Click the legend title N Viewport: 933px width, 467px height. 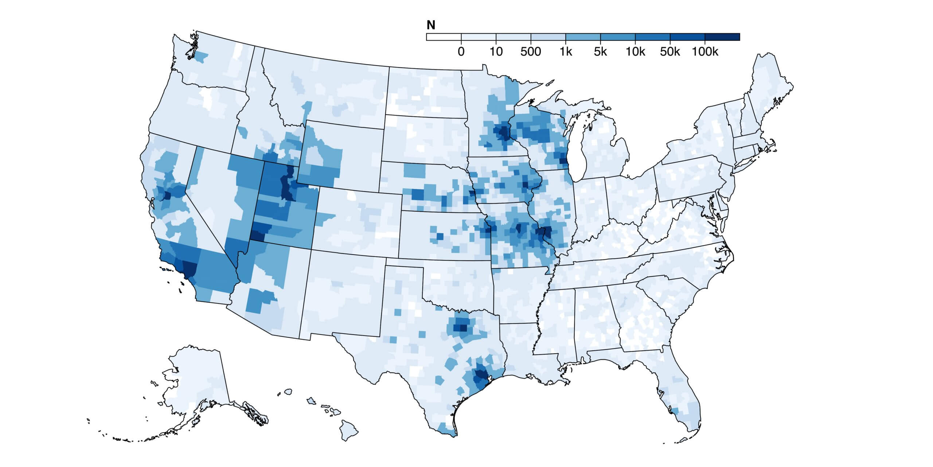[x=431, y=25]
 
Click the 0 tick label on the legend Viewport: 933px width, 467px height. [x=461, y=52]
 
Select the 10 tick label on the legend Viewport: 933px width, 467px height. [x=496, y=52]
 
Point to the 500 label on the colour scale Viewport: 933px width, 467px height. [x=531, y=52]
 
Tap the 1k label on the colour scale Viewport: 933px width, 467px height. [x=566, y=52]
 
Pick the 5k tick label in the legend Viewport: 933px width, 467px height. [x=600, y=52]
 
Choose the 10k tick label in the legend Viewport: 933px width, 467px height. [x=635, y=52]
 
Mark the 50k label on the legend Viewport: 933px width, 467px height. [x=670, y=52]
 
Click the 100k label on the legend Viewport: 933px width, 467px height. [x=705, y=52]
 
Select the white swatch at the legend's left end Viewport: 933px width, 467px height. [x=444, y=37]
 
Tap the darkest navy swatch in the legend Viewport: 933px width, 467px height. [x=722, y=37]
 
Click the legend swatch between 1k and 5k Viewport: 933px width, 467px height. [x=583, y=37]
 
